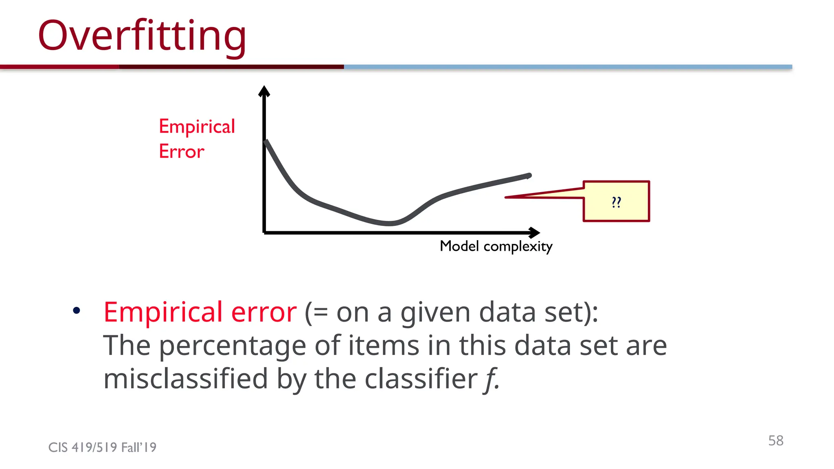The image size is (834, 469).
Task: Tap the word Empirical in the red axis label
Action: tap(197, 126)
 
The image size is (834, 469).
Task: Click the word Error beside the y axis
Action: tap(181, 151)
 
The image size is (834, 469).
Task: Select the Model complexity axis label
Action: tap(496, 246)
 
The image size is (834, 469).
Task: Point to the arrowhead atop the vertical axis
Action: tap(264, 91)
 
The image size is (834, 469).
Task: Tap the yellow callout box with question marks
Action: tap(616, 201)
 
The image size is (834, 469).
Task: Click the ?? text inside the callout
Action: tap(616, 202)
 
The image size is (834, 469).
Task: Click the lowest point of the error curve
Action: tap(390, 223)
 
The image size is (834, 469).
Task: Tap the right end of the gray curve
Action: tap(529, 176)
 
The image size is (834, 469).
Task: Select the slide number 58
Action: tap(775, 441)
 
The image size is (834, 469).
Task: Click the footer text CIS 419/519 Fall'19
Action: tap(102, 447)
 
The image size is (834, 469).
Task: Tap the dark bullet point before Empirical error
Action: tap(76, 311)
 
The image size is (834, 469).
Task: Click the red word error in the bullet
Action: tap(264, 312)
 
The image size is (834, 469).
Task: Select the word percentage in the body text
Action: tap(232, 346)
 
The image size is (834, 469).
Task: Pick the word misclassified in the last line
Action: tap(185, 379)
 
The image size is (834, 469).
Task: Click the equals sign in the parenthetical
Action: tap(320, 313)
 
